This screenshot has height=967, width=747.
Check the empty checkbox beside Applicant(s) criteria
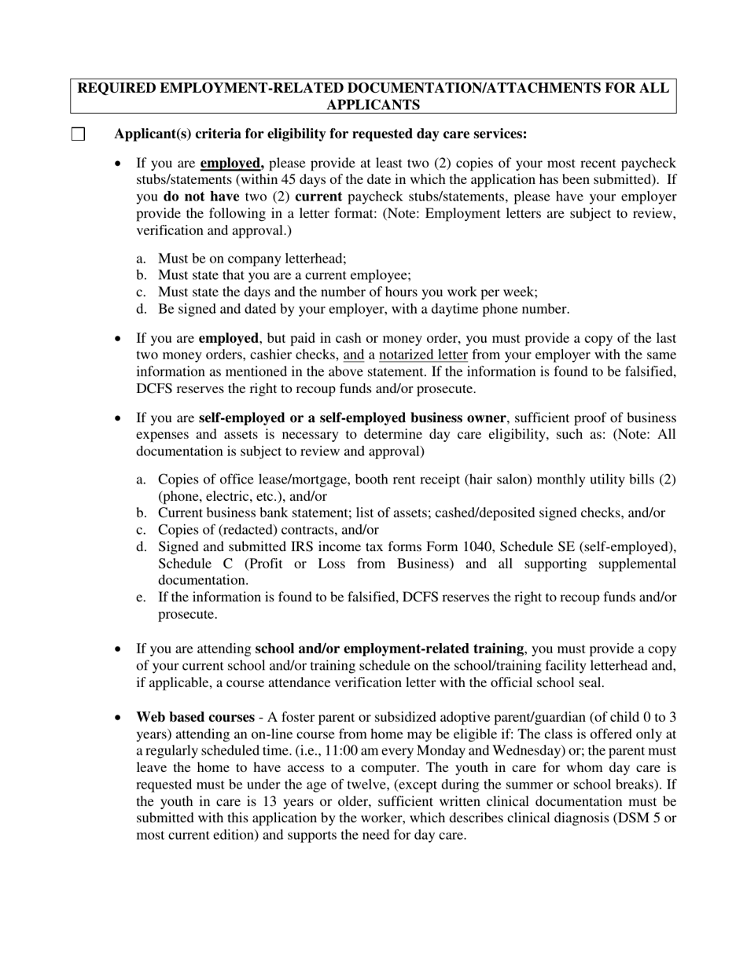point(78,134)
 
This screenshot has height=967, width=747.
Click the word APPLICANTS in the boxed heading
point(373,105)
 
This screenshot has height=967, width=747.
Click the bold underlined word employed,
point(232,164)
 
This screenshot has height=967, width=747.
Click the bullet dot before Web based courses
point(118,718)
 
